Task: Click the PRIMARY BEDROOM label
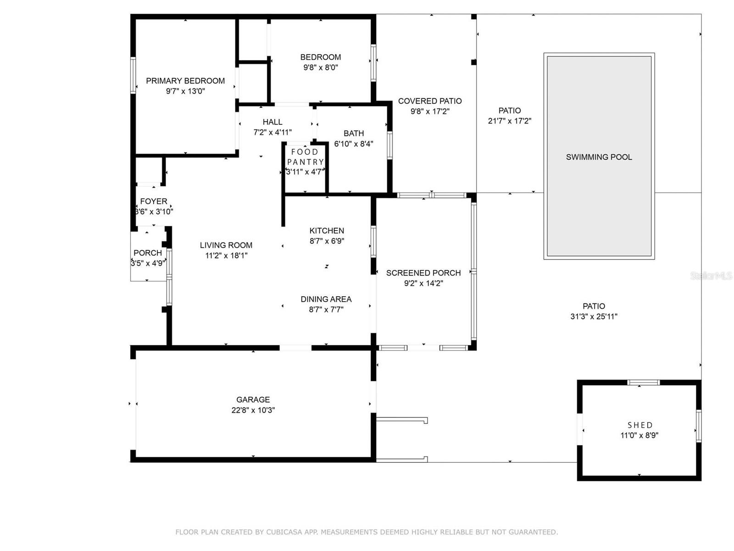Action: pyautogui.click(x=185, y=81)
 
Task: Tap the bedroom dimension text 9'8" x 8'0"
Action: pyautogui.click(x=321, y=67)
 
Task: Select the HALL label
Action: pyautogui.click(x=272, y=122)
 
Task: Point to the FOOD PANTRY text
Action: pyautogui.click(x=305, y=157)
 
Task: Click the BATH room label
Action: pyautogui.click(x=354, y=134)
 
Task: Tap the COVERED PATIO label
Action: pyautogui.click(x=430, y=101)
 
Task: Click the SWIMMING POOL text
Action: pyautogui.click(x=599, y=157)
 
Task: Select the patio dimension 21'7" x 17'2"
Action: pyautogui.click(x=509, y=121)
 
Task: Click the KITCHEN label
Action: pyautogui.click(x=327, y=231)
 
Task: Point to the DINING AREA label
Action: pyautogui.click(x=326, y=299)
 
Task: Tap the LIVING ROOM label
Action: pyautogui.click(x=226, y=245)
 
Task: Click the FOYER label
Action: pyautogui.click(x=154, y=202)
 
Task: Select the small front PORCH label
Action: pyautogui.click(x=148, y=253)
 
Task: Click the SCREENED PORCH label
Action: pyautogui.click(x=423, y=273)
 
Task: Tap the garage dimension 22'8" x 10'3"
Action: pyautogui.click(x=253, y=410)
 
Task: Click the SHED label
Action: pyautogui.click(x=640, y=425)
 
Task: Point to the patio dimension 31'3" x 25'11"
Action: pyautogui.click(x=594, y=317)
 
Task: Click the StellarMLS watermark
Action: pyautogui.click(x=711, y=276)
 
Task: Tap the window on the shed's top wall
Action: pyautogui.click(x=643, y=382)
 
